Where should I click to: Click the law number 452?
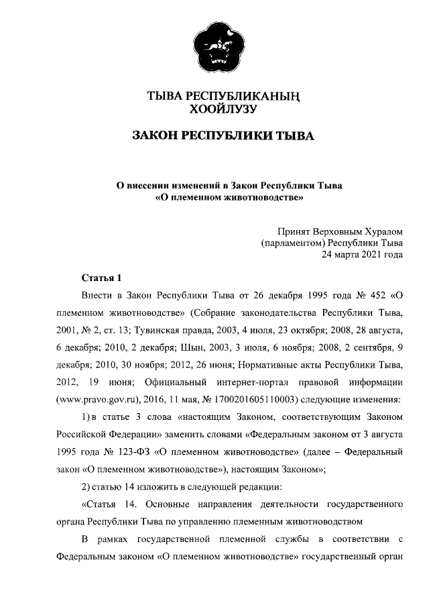point(373,295)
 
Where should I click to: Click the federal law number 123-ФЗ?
point(128,452)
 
